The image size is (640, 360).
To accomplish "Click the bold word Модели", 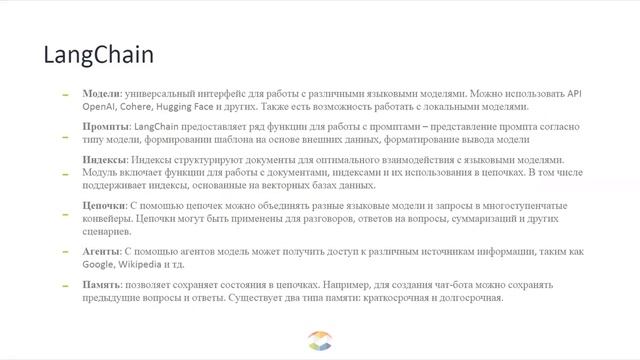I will (x=101, y=91).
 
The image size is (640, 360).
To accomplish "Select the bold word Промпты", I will (x=105, y=128).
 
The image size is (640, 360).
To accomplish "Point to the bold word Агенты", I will (x=103, y=249).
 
